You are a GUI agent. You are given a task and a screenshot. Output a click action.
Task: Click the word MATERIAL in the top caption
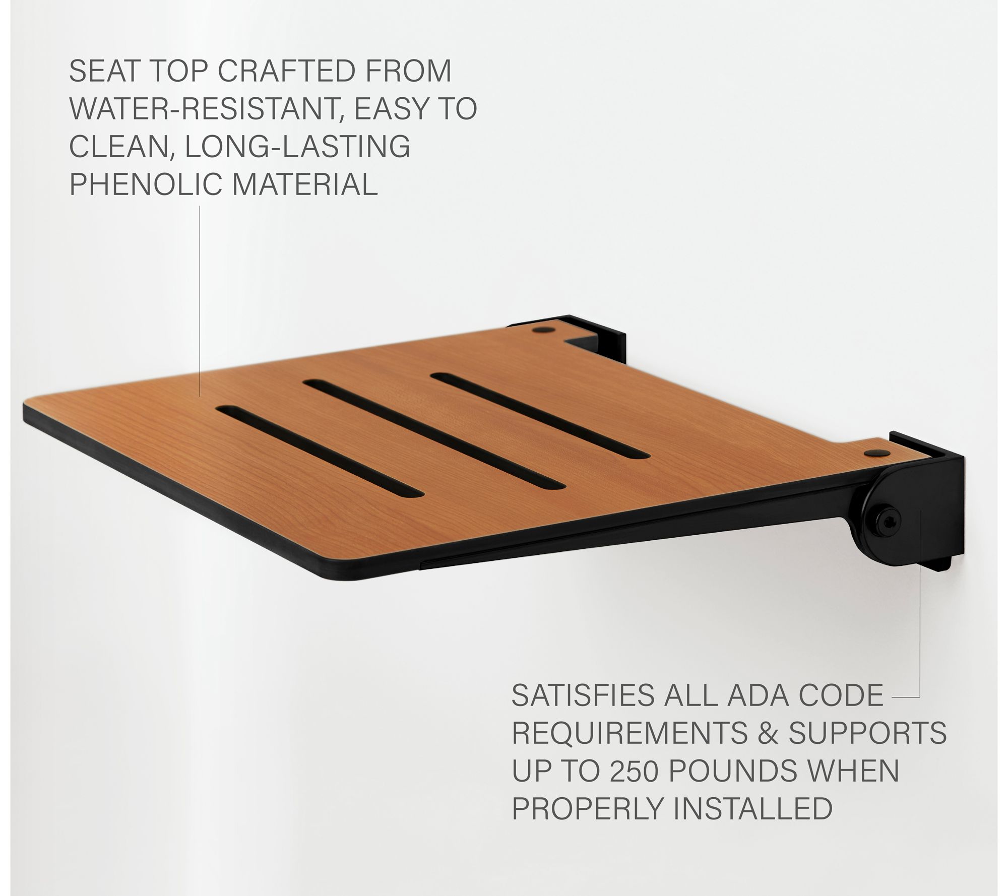click(305, 184)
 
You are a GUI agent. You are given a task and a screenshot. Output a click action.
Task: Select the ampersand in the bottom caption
click(768, 733)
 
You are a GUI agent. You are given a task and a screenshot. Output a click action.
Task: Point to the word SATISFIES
click(584, 696)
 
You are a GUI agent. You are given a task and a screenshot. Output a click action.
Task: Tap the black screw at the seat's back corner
click(543, 331)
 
